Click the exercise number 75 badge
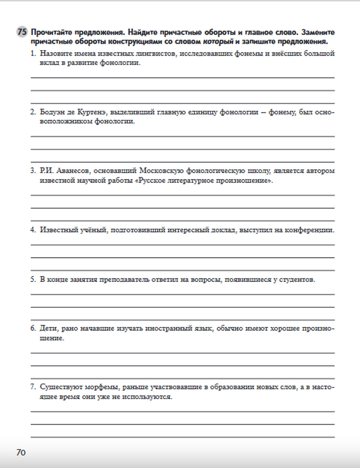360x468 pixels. click(x=22, y=32)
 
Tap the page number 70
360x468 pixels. click(x=21, y=453)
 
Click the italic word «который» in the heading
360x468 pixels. click(x=218, y=41)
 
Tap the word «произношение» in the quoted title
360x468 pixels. click(x=242, y=180)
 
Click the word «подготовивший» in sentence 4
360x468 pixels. click(x=138, y=230)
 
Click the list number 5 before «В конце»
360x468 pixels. click(x=33, y=279)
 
